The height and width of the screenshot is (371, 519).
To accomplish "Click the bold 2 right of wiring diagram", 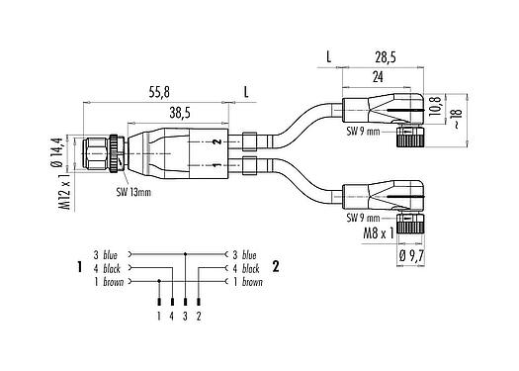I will [276, 267].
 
